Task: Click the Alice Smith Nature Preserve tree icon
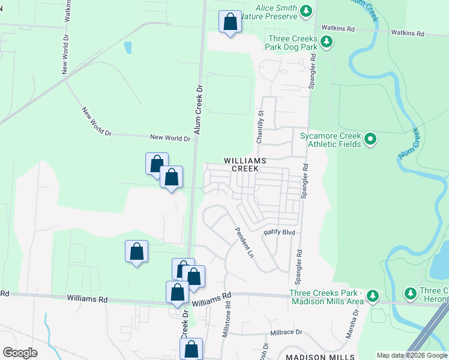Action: click(307, 11)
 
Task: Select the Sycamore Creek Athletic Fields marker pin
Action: click(370, 140)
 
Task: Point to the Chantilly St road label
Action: click(261, 126)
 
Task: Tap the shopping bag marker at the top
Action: click(230, 22)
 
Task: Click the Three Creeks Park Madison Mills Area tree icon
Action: click(373, 295)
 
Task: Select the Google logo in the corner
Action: click(20, 352)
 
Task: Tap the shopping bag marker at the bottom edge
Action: click(191, 349)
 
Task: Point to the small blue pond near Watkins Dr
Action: click(127, 47)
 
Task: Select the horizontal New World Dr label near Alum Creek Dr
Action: click(170, 138)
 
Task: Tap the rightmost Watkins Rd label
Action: click(408, 33)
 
